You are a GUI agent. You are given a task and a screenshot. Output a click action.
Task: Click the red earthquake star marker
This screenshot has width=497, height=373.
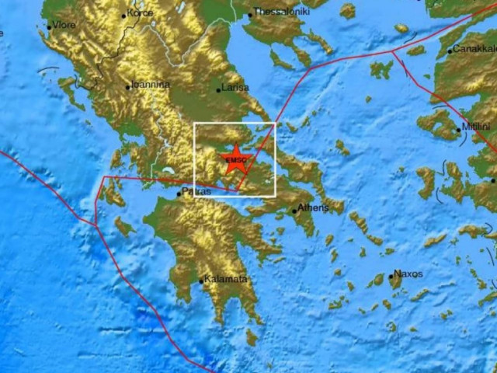[235, 162]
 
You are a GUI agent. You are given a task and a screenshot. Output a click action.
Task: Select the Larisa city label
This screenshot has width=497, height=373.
[235, 89]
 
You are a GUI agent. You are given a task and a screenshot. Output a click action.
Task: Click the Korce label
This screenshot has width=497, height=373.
[140, 14]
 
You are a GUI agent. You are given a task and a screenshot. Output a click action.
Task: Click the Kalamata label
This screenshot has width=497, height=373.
[227, 279]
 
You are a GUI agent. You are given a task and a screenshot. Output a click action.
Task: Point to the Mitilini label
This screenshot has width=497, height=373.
[474, 127]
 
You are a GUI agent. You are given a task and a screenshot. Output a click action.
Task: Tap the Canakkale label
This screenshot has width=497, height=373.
[473, 50]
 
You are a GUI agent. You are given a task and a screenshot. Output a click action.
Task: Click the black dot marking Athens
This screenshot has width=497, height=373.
[294, 209]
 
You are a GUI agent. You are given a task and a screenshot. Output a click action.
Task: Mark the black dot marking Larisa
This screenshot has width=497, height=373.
[219, 91]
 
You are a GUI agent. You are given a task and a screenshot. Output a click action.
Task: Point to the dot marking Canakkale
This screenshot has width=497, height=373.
[450, 52]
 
